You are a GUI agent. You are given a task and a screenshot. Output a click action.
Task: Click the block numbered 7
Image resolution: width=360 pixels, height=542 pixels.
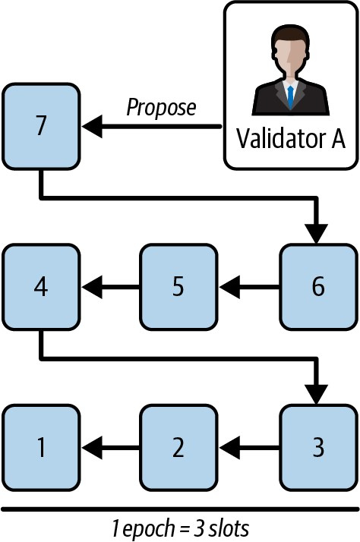(41, 126)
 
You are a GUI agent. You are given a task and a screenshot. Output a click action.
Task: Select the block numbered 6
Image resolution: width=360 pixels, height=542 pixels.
(317, 287)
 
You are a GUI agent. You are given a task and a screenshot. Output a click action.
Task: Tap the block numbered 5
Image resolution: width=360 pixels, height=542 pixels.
(178, 287)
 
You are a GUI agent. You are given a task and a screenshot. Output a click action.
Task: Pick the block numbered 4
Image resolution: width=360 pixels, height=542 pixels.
(41, 287)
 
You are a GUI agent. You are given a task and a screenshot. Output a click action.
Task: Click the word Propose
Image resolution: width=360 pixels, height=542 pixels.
(160, 107)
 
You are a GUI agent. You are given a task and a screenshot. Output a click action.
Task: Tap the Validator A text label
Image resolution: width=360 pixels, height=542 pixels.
(290, 140)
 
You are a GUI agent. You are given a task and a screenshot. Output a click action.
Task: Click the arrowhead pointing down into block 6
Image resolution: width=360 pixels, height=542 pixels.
(317, 232)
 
